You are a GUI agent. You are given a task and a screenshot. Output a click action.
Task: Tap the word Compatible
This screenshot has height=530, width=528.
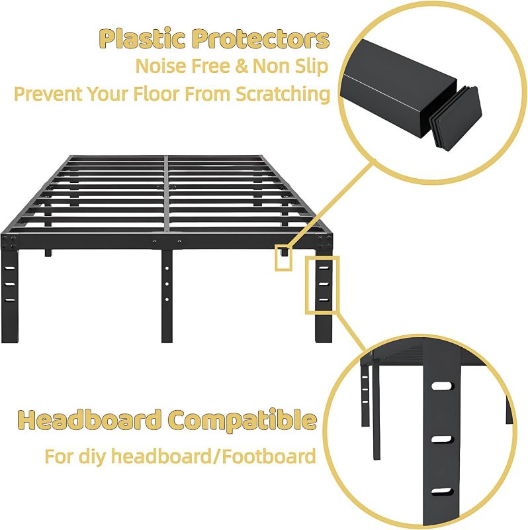point(242,420)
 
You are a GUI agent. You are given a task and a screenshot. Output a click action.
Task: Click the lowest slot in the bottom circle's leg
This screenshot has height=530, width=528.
point(441,492)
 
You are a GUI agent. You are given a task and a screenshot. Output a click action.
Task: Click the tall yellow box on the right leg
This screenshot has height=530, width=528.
point(322,285)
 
